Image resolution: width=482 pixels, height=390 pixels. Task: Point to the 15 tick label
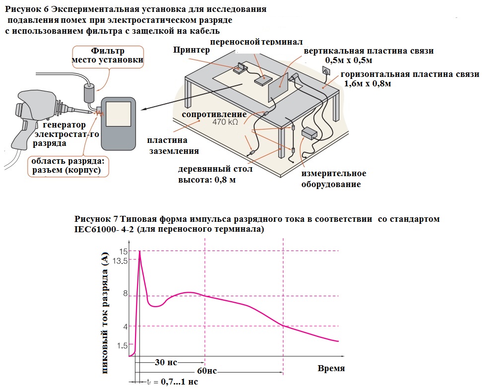(123, 252)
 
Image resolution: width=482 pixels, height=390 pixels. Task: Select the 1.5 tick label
(122, 346)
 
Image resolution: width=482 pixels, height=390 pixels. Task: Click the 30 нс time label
(166, 362)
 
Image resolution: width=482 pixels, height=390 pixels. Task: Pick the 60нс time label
(207, 371)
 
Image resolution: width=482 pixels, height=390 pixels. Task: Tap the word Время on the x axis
(331, 368)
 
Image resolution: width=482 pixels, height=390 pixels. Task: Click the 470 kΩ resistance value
(225, 122)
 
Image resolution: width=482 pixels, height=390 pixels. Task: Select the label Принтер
(191, 50)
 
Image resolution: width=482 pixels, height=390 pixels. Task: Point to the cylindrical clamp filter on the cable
(90, 93)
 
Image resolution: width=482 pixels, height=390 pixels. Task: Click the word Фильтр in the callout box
(108, 51)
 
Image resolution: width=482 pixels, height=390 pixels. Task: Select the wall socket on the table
(327, 71)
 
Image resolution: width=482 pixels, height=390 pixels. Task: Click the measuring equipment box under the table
(310, 133)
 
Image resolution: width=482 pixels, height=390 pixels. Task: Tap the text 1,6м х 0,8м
(367, 83)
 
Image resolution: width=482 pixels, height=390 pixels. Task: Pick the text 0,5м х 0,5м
(348, 60)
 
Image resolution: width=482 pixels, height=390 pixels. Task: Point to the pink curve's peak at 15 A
(140, 252)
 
